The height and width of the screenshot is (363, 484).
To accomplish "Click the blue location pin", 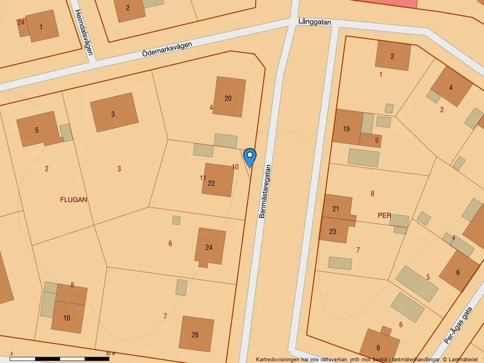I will [250, 157].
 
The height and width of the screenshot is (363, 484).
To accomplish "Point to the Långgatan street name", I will [314, 22].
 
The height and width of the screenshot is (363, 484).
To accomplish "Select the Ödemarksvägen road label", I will [167, 49].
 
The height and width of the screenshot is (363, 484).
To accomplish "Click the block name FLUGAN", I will [73, 199].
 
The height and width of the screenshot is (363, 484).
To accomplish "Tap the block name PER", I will [384, 215].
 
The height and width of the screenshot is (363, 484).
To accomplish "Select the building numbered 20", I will [228, 98].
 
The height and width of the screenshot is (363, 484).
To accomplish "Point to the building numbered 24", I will [209, 247].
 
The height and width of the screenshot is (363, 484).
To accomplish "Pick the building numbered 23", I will [333, 231].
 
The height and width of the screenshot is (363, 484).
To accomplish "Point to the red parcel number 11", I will [203, 178].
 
